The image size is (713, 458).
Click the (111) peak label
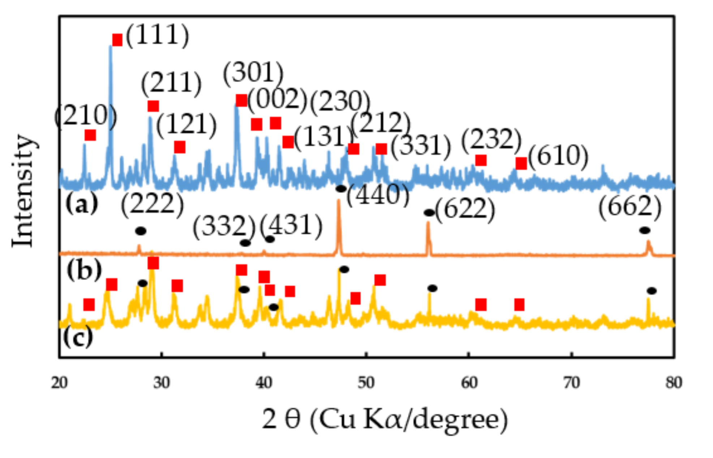click(158, 35)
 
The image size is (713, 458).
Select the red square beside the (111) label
click(117, 39)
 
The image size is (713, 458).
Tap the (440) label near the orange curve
click(378, 195)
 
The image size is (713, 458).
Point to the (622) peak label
click(465, 209)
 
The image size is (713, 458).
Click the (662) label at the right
click(630, 207)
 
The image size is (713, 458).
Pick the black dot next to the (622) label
click(429, 213)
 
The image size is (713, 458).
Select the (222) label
click(152, 204)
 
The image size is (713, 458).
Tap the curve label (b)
click(84, 270)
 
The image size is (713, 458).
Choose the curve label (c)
click(78, 337)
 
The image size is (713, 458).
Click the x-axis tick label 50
click(366, 382)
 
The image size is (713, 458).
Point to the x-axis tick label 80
click(674, 382)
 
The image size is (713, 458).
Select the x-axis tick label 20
click(59, 382)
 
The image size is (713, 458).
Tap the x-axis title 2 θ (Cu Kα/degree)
click(385, 419)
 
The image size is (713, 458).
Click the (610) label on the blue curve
click(558, 157)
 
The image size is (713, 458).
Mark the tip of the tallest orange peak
click(339, 200)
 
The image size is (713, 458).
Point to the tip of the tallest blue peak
click(110, 46)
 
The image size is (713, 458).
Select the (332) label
click(224, 227)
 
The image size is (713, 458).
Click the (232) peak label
click(491, 140)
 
